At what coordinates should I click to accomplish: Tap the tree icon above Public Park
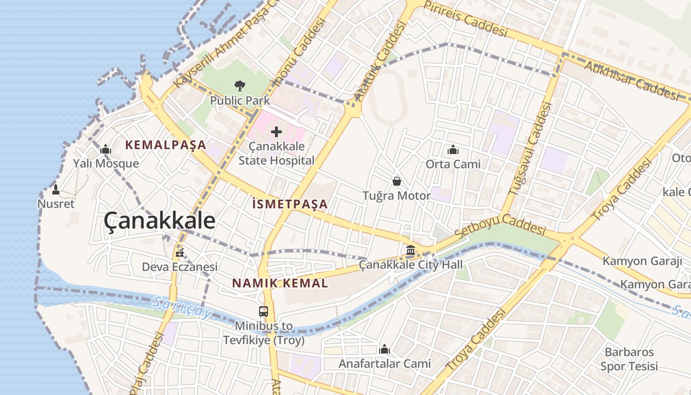240,86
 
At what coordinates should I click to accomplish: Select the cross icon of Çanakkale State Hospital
276,131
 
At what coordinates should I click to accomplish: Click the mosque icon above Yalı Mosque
106,149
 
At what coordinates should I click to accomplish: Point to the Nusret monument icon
56,189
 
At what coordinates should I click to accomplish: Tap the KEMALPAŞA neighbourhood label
165,145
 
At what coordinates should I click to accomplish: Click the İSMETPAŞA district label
290,204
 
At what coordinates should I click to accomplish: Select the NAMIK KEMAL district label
280,283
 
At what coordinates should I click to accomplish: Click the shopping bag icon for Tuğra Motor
396,181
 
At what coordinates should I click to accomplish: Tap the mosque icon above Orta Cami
453,149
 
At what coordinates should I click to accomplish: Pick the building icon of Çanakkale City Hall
411,250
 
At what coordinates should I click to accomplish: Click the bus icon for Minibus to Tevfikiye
264,312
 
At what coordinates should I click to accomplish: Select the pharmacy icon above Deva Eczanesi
180,253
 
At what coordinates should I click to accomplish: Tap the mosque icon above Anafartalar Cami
384,350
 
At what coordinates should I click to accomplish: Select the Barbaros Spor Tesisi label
629,359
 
